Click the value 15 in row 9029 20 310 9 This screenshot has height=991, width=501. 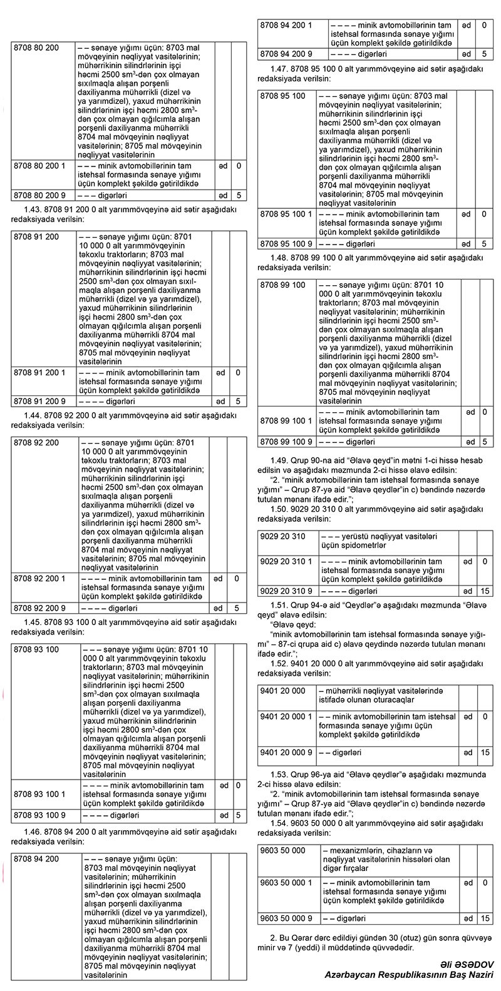(485, 591)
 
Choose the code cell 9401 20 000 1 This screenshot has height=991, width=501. (286, 716)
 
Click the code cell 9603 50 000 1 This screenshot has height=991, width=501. (286, 882)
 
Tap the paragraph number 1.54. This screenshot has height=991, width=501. (279, 824)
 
